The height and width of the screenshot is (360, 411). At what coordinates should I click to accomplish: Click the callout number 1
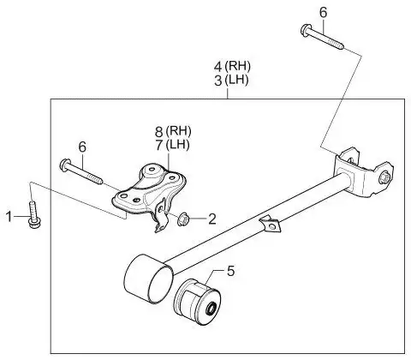pyautogui.click(x=9, y=217)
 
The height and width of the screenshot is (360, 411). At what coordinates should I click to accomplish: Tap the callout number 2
pyautogui.click(x=212, y=219)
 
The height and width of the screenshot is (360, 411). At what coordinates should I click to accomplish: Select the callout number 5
pyautogui.click(x=230, y=271)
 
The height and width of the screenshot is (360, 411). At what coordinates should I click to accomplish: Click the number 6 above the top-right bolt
pyautogui.click(x=323, y=13)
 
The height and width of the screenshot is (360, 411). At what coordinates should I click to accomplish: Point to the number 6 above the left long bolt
pyautogui.click(x=82, y=147)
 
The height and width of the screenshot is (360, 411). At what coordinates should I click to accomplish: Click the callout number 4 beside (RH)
pyautogui.click(x=217, y=67)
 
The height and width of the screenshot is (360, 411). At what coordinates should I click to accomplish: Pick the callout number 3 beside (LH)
pyautogui.click(x=217, y=81)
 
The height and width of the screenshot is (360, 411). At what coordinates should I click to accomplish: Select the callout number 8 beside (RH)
pyautogui.click(x=159, y=132)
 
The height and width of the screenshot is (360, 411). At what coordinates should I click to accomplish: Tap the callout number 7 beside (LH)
pyautogui.click(x=159, y=146)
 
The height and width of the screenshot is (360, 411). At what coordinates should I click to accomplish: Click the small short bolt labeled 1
pyautogui.click(x=33, y=214)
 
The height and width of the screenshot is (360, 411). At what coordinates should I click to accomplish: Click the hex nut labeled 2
pyautogui.click(x=182, y=219)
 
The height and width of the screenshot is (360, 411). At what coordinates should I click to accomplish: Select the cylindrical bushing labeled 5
pyautogui.click(x=197, y=303)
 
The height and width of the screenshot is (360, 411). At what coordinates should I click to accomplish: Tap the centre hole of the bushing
pyautogui.click(x=211, y=309)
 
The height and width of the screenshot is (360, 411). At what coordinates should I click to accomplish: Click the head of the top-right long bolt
pyautogui.click(x=305, y=29)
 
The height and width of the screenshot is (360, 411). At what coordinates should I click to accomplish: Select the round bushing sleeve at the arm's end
pyautogui.click(x=149, y=279)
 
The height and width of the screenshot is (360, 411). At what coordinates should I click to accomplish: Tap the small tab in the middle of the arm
pyautogui.click(x=271, y=224)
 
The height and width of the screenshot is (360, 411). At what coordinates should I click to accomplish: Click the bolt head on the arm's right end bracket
pyautogui.click(x=384, y=177)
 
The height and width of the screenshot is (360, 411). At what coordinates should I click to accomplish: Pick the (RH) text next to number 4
pyautogui.click(x=237, y=66)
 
